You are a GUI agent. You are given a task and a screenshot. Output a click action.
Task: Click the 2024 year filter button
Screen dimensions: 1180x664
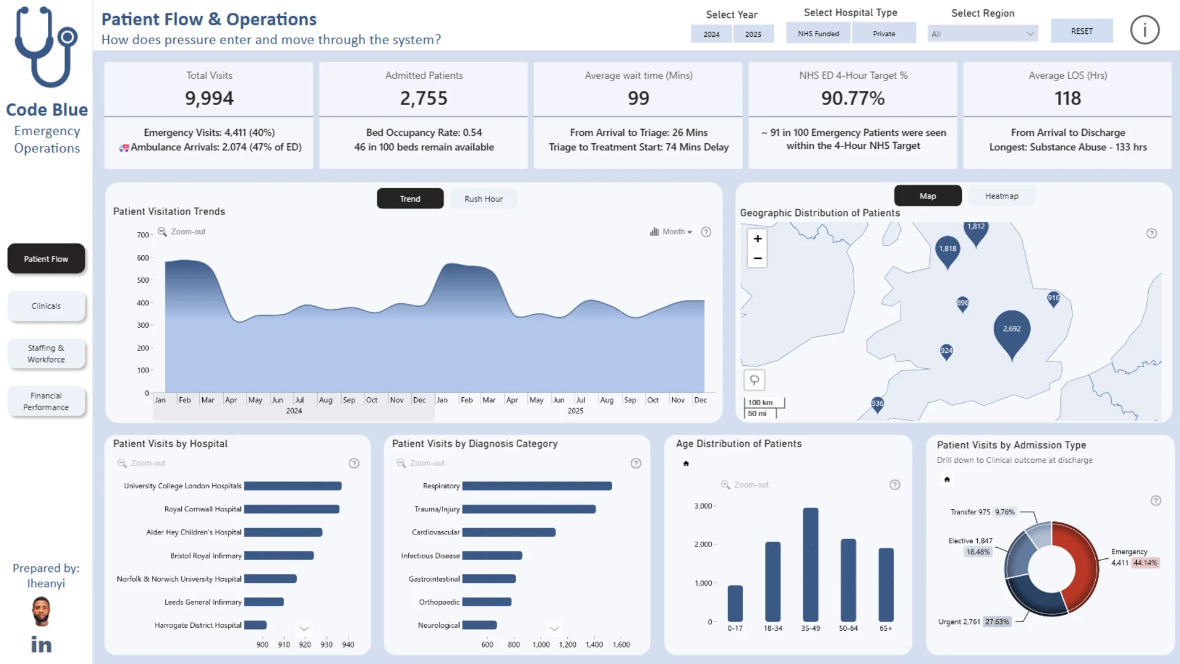[711, 34]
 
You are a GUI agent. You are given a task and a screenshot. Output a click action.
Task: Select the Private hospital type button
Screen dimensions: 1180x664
[884, 33]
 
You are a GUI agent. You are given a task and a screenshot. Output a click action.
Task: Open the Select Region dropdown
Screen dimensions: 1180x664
[982, 34]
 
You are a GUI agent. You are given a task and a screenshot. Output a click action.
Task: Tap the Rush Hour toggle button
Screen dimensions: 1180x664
[483, 199]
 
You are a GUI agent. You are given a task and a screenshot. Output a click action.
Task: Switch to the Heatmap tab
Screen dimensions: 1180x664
[1001, 196]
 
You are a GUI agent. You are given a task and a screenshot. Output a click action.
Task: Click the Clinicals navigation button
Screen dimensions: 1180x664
[46, 306]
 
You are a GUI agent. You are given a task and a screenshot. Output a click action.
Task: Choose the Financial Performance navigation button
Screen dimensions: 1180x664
[46, 401]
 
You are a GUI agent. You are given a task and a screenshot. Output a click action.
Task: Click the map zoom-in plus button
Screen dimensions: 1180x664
[758, 239]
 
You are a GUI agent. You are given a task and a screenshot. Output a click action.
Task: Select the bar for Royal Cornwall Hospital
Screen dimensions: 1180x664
[292, 509]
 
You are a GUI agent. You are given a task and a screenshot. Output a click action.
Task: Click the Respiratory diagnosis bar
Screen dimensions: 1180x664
[537, 486]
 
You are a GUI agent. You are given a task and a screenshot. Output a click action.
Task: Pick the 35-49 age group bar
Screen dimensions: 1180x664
[811, 564]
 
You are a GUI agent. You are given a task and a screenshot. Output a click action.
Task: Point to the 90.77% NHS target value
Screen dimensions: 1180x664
[852, 98]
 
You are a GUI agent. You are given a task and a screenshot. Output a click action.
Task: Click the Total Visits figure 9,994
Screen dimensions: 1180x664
[209, 98]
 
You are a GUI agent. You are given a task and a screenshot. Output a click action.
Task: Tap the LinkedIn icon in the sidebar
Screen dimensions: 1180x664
[41, 644]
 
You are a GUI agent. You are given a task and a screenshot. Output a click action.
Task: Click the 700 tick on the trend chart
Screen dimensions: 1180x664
[143, 235]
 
